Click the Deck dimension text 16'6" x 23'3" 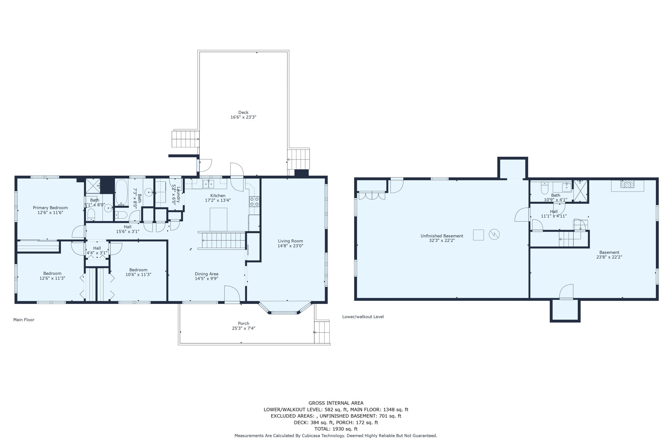pyautogui.click(x=243, y=117)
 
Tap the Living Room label pyautogui.click(x=290, y=241)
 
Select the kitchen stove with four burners pyautogui.click(x=254, y=201)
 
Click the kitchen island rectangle pyautogui.click(x=218, y=219)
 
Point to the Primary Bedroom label pyautogui.click(x=50, y=208)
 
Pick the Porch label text pyautogui.click(x=243, y=323)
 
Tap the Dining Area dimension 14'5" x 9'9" pyautogui.click(x=206, y=279)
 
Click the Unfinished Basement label pyautogui.click(x=442, y=236)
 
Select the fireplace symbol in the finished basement pyautogui.click(x=627, y=184)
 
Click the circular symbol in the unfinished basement pyautogui.click(x=494, y=234)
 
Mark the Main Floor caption pyautogui.click(x=24, y=320)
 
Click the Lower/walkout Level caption pyautogui.click(x=363, y=317)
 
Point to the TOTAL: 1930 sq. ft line pyautogui.click(x=336, y=429)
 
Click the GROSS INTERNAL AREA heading pyautogui.click(x=336, y=403)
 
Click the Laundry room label pyautogui.click(x=176, y=194)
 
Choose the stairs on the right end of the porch pyautogui.click(x=322, y=332)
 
